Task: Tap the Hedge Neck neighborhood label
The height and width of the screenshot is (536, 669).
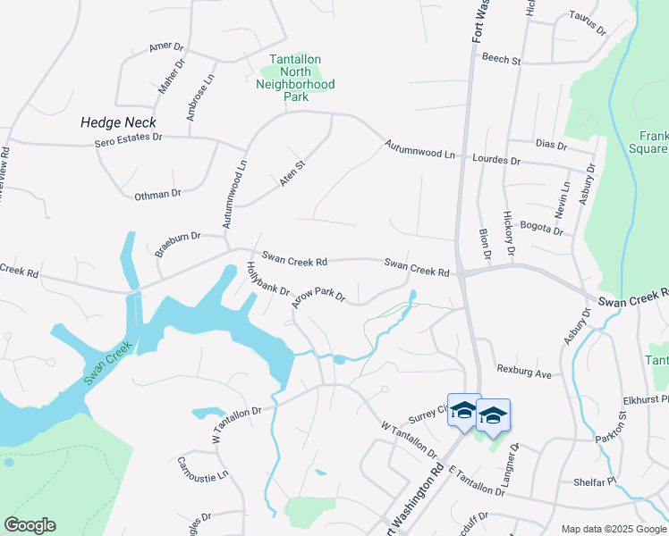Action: [118, 122]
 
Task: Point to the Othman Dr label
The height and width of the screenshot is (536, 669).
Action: [157, 194]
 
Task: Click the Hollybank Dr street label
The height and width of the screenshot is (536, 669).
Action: [268, 279]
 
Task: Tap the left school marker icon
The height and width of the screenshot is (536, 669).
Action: [463, 411]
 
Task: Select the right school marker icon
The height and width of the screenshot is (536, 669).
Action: [492, 415]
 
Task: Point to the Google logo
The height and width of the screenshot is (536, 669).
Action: [30, 525]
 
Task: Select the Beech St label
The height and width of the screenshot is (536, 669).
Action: [501, 59]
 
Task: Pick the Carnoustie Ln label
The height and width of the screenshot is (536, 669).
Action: [202, 469]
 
